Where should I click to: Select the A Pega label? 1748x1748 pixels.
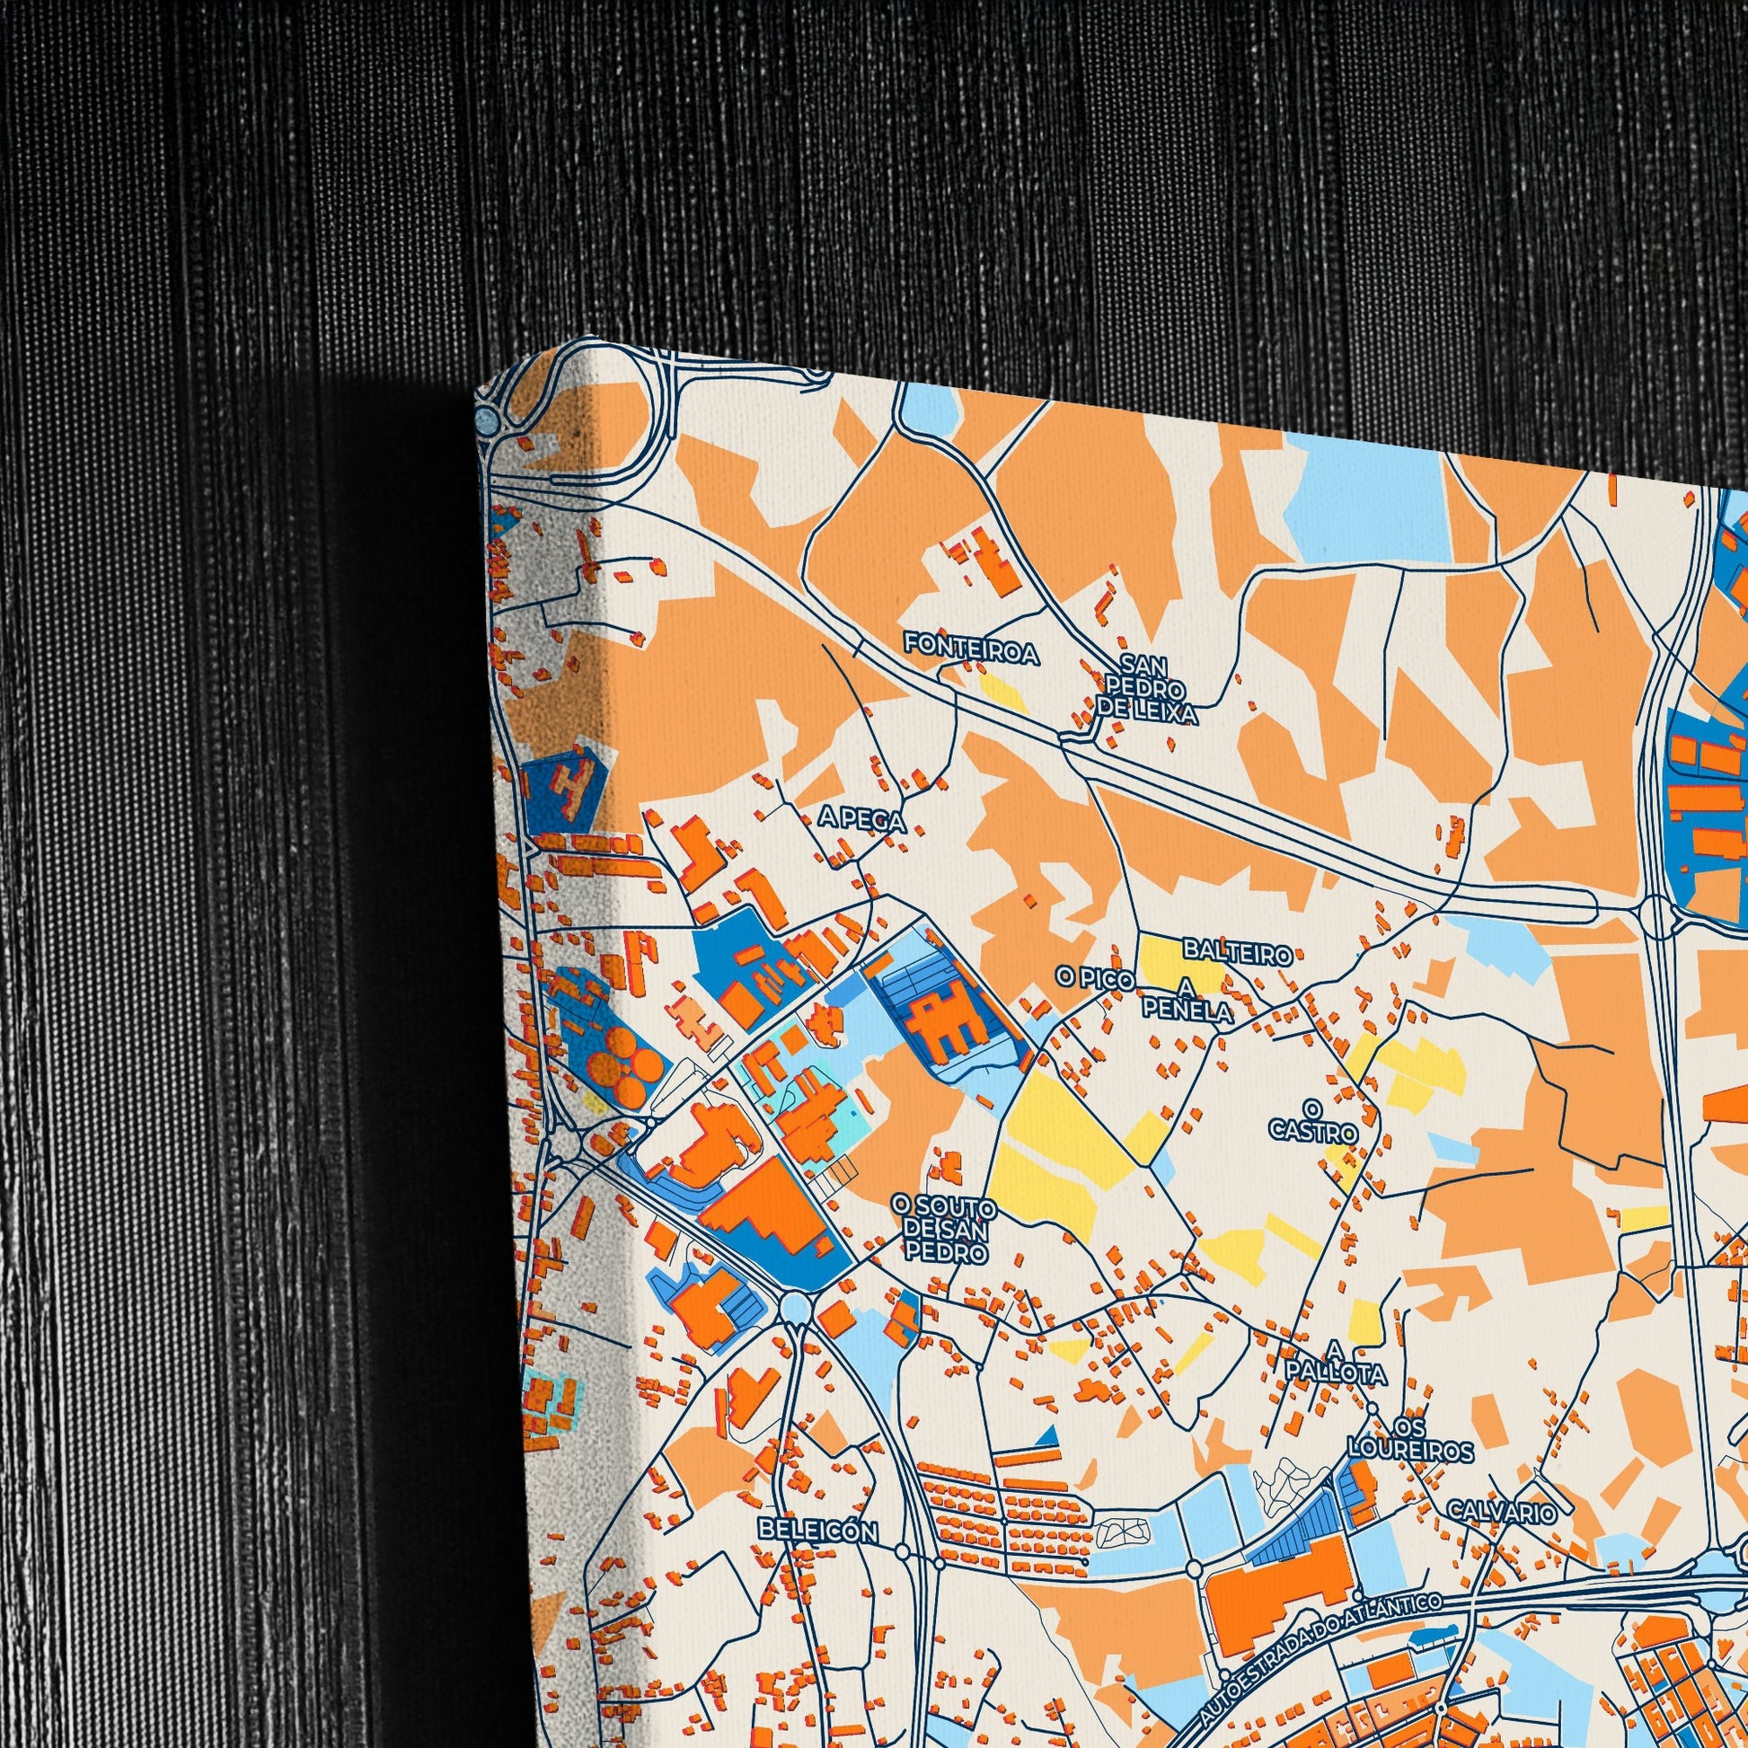pyautogui.click(x=861, y=820)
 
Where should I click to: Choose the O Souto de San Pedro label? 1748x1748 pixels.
pyautogui.click(x=944, y=1231)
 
